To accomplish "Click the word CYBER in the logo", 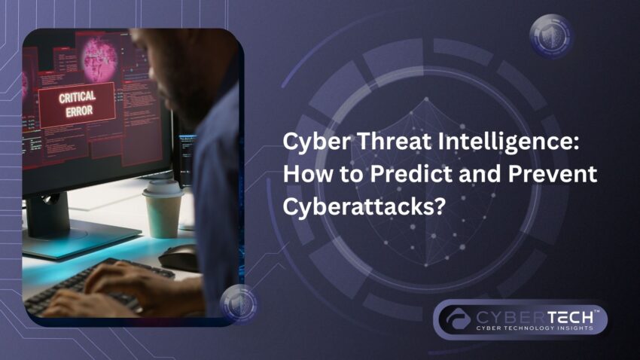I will tap(501, 313).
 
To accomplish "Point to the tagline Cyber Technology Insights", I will tap(535, 327).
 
